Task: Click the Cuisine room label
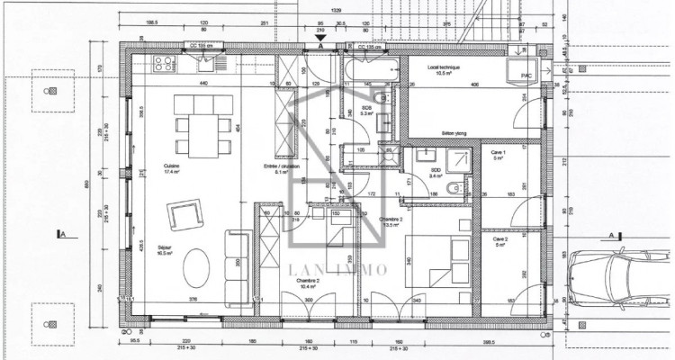pos(170,166)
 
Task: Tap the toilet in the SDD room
pos(456,189)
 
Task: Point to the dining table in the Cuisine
pos(199,123)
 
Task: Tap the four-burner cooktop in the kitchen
pos(163,63)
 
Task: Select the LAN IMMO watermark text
pos(337,269)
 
